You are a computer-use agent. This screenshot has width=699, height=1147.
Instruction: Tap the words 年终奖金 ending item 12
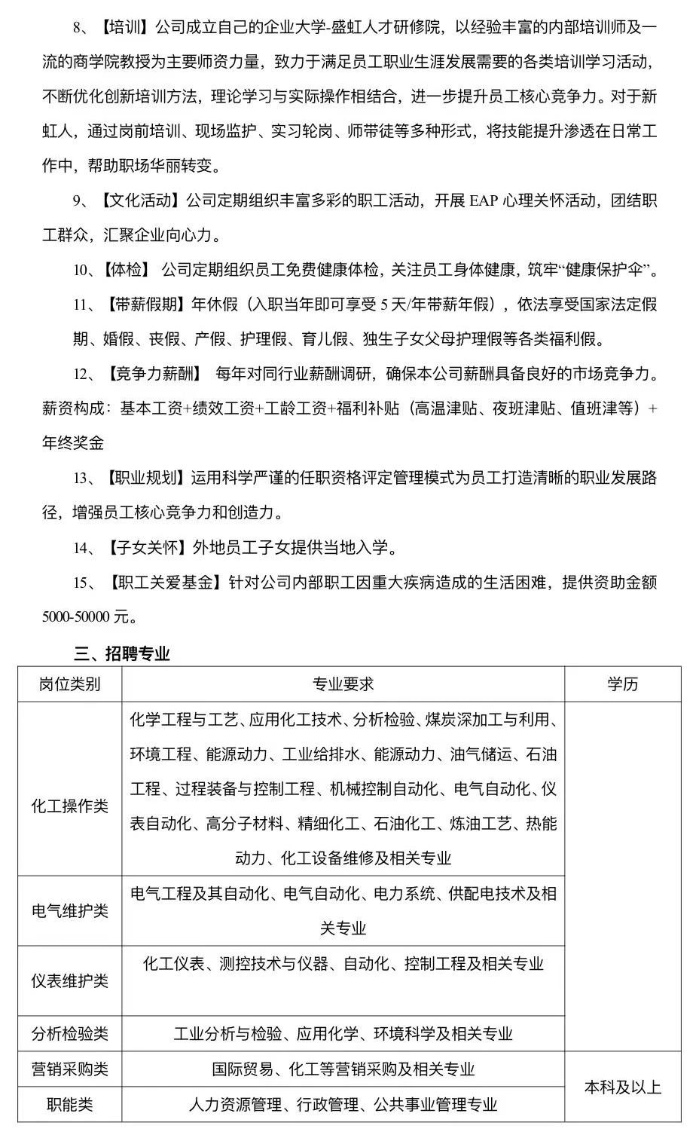point(73,443)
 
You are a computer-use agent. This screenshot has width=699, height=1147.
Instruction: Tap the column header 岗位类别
point(70,684)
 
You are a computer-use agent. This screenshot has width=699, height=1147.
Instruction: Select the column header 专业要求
point(343,684)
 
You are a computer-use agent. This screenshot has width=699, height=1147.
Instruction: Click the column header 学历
point(623,684)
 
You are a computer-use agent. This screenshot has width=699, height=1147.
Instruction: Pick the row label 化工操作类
point(70,806)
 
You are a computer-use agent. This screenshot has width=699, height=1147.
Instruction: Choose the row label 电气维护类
point(70,910)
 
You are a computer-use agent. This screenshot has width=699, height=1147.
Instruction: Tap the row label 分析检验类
point(70,1034)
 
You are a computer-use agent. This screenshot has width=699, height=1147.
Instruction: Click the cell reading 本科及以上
point(623,1087)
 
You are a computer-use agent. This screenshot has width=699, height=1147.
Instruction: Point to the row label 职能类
point(70,1105)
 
